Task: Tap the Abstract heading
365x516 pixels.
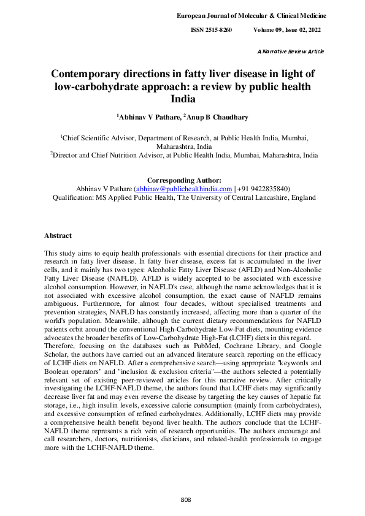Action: (58, 235)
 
